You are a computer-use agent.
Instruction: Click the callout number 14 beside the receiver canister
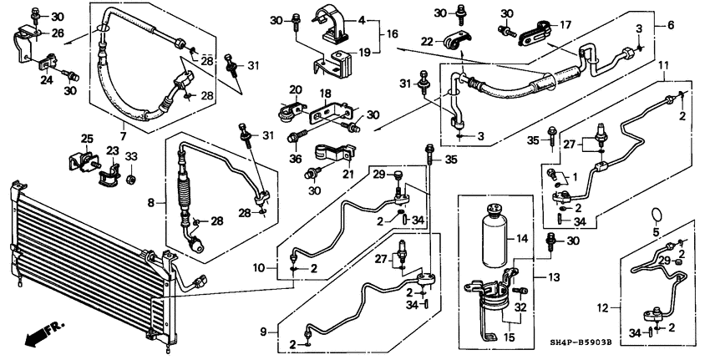point(523,239)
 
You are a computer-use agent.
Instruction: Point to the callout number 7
point(122,135)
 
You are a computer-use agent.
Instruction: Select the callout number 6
point(669,26)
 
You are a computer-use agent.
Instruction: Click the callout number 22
point(426,42)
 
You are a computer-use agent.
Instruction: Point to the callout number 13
point(552,277)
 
